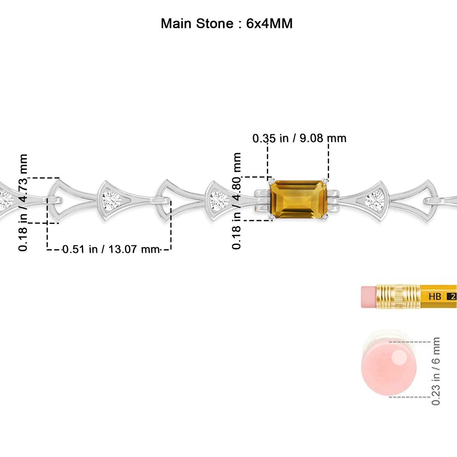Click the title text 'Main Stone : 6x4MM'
pos(226,24)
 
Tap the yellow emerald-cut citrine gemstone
pos(299,199)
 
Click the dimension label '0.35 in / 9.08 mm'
pos(299,138)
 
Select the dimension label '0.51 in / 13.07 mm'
pos(111,249)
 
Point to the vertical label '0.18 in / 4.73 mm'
pos(23,202)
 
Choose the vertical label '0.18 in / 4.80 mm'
pos(237,201)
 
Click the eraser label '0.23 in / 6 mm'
pos(436,371)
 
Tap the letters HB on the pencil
pos(435,296)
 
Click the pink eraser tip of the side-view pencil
pos(369,297)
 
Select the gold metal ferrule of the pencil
pos(398,297)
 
